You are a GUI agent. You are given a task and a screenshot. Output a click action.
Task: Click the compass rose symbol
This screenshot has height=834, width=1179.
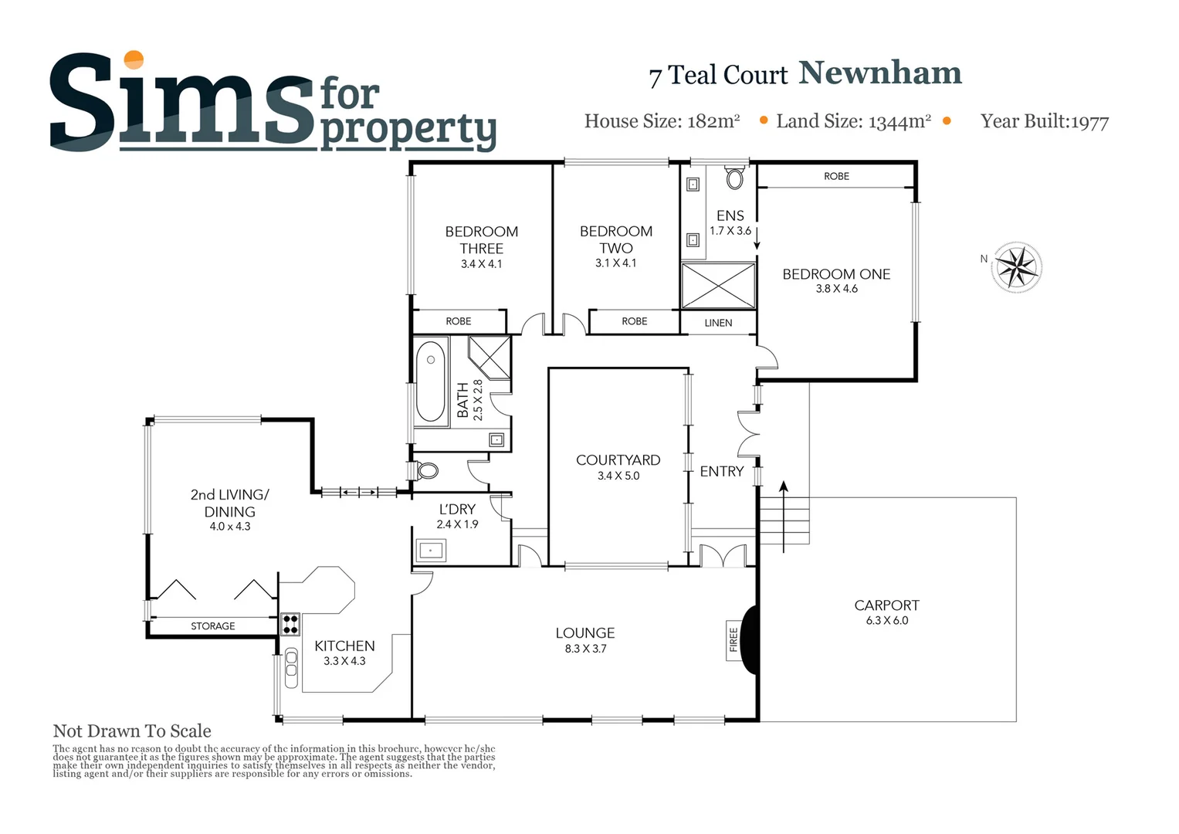point(1016,267)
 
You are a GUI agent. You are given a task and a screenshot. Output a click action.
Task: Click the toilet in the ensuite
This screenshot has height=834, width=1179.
point(734,178)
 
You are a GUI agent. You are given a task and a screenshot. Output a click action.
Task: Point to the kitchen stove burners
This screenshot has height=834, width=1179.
point(290,623)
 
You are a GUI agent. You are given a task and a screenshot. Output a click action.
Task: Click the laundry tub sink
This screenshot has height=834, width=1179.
point(431,551)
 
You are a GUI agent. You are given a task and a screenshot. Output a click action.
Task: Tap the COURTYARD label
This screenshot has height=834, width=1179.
point(618,460)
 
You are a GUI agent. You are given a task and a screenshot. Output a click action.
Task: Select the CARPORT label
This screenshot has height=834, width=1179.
point(886,605)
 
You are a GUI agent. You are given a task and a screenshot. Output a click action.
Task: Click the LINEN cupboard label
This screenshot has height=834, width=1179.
point(718,323)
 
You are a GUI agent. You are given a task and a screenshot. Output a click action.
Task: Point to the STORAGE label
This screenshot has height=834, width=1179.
point(213,626)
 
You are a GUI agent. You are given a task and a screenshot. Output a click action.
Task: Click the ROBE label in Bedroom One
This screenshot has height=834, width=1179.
point(836,177)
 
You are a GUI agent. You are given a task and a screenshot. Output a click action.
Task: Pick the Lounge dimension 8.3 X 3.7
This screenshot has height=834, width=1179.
point(585,649)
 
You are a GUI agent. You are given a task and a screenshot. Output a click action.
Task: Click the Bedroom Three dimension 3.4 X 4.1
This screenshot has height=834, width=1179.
point(481,264)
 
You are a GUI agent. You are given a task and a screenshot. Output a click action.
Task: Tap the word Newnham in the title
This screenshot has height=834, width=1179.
point(880,73)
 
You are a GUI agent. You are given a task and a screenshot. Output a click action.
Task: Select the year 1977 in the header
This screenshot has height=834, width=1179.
point(1089,122)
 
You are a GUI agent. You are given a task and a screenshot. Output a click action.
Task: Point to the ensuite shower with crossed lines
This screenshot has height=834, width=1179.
point(718,286)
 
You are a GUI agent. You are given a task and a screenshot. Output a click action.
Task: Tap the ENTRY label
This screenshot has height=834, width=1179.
point(722,471)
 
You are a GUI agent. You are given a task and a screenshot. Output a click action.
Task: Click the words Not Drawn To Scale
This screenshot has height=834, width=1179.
point(132,731)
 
